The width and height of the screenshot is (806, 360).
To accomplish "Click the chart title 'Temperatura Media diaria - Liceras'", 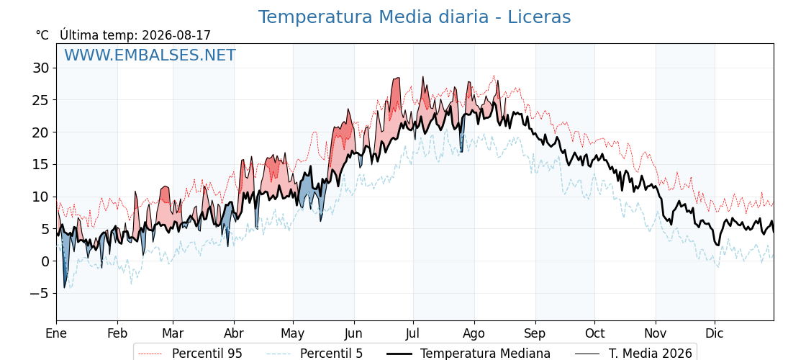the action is (415, 17).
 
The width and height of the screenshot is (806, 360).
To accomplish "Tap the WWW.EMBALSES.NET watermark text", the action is (150, 55).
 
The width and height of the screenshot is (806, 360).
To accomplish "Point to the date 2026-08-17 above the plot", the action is (176, 35).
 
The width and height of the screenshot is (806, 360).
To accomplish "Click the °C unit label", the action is (42, 35).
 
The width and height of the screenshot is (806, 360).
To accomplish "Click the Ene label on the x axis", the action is (57, 334).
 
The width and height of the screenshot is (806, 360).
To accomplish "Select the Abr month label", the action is (234, 334).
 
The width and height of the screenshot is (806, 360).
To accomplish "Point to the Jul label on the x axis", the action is (413, 334).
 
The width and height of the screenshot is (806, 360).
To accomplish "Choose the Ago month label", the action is (474, 334).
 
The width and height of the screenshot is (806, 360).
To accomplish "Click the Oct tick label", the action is (594, 334).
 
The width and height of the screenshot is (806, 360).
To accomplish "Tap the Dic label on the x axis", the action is (715, 334).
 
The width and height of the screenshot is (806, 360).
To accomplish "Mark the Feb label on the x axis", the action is (117, 334).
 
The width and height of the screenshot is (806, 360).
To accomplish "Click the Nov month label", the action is (656, 334).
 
